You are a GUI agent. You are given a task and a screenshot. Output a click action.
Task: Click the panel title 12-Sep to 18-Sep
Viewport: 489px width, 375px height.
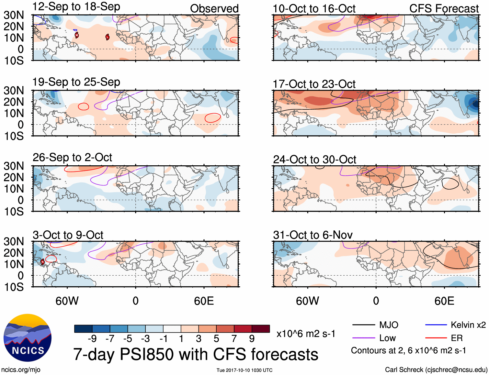coord(76,7)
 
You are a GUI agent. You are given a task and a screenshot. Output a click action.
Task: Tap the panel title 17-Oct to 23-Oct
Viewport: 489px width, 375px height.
coord(314,84)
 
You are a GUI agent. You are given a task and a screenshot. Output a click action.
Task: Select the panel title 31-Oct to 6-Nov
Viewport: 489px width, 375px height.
coord(313,235)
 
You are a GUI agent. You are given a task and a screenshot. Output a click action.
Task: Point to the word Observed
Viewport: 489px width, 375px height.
coord(214,8)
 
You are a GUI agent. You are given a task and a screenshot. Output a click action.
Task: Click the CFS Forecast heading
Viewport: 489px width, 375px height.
coord(444,9)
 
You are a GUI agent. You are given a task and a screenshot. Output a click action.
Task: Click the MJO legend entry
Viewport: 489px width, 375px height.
coord(389,325)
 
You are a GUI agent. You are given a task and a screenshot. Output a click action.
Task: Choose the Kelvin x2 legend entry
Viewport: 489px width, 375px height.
coord(468,325)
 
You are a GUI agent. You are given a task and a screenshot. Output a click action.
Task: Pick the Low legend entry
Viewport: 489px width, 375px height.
coord(387,338)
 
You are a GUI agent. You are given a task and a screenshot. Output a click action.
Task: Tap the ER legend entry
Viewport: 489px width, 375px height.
coord(457,338)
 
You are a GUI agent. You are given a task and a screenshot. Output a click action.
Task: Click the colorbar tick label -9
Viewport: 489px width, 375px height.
coord(92,338)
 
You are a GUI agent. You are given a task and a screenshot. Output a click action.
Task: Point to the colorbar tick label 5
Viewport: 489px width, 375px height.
coord(216,338)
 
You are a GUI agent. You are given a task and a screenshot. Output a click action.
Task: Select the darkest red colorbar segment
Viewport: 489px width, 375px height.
coord(261,329)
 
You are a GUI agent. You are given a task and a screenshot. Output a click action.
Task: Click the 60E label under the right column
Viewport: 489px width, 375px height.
coord(444,301)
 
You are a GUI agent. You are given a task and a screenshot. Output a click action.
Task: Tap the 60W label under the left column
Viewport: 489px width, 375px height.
coord(67,301)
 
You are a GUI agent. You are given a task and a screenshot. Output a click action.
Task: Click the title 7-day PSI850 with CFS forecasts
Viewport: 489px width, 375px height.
coord(196,354)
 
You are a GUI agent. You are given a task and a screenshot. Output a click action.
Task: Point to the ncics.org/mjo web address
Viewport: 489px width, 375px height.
coord(21,370)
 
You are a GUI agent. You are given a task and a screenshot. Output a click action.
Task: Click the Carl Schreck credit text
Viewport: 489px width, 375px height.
coord(436,370)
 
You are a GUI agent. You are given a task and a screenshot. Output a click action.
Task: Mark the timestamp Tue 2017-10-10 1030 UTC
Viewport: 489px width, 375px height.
coord(245,370)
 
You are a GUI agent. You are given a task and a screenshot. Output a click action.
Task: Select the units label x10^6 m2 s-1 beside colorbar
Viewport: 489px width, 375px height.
coord(306,334)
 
